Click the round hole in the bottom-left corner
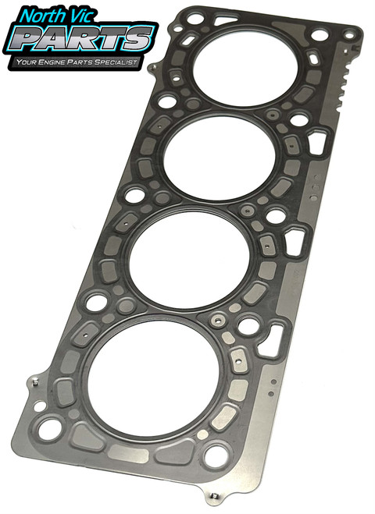[51, 427]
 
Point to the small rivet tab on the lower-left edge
[37, 382]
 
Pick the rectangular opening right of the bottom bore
[270, 342]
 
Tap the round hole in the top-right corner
[319, 36]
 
